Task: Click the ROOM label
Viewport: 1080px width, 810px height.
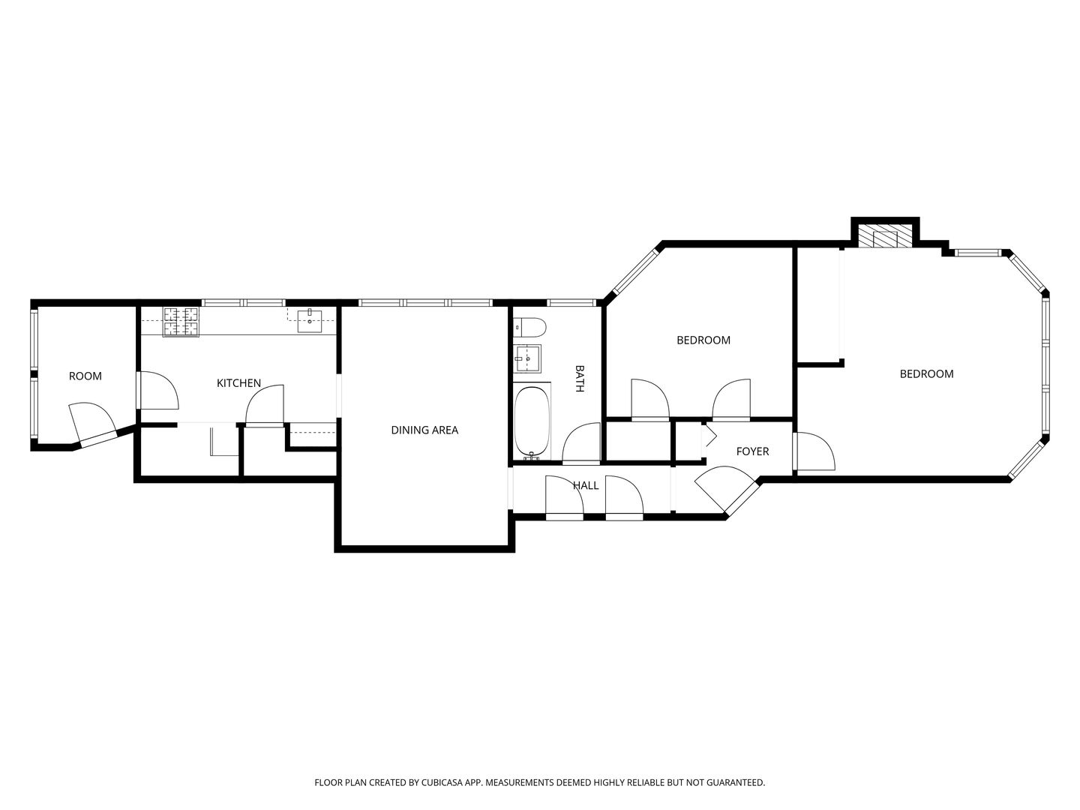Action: click(x=85, y=376)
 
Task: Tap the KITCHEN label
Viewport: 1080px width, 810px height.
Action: click(x=238, y=383)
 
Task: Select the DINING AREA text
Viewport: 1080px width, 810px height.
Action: click(x=424, y=430)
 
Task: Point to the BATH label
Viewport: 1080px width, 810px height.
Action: click(x=580, y=378)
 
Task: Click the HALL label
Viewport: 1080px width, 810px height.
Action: click(x=586, y=485)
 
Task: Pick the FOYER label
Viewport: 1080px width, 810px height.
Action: click(x=752, y=451)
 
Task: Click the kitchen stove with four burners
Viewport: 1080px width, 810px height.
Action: click(x=181, y=322)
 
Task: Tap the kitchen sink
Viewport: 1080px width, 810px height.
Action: click(x=310, y=321)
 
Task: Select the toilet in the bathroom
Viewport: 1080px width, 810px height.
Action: click(x=530, y=326)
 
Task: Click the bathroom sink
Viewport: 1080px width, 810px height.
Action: click(x=527, y=358)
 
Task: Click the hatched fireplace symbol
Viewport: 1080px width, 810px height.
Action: click(x=884, y=238)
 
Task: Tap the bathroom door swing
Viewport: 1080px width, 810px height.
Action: click(x=581, y=443)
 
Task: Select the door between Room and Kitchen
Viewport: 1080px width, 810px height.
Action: click(x=157, y=391)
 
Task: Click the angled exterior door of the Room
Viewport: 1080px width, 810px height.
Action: click(x=94, y=424)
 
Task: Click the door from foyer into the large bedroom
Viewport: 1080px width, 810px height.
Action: click(x=814, y=451)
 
